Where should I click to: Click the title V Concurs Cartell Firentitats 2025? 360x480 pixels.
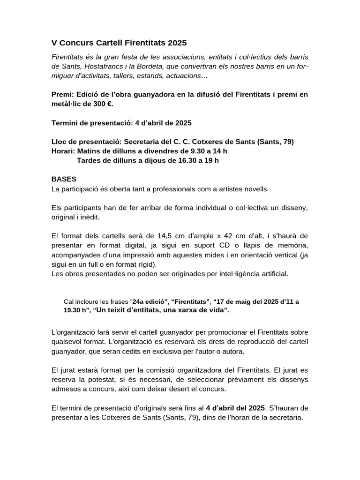pyautogui.click(x=119, y=43)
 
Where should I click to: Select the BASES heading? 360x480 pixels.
pyautogui.click(x=64, y=180)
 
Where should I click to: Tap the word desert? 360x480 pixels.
pyautogui.click(x=184, y=389)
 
